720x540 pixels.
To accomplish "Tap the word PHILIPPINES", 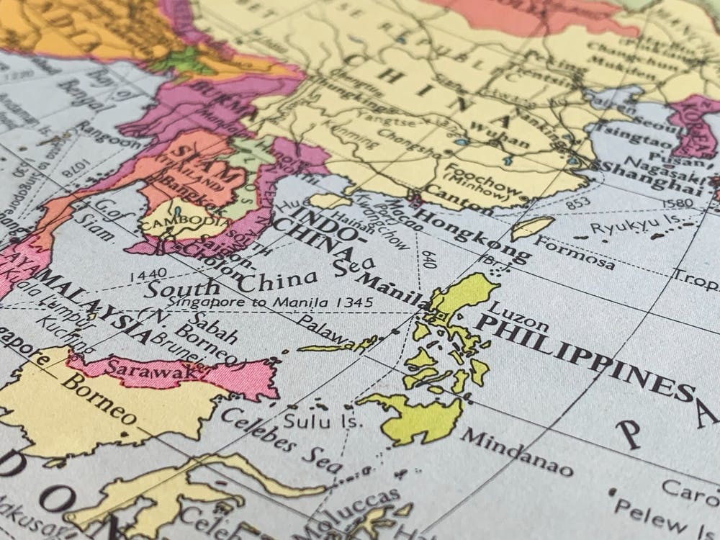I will (x=584, y=354).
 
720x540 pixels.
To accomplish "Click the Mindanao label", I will (x=516, y=452).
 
